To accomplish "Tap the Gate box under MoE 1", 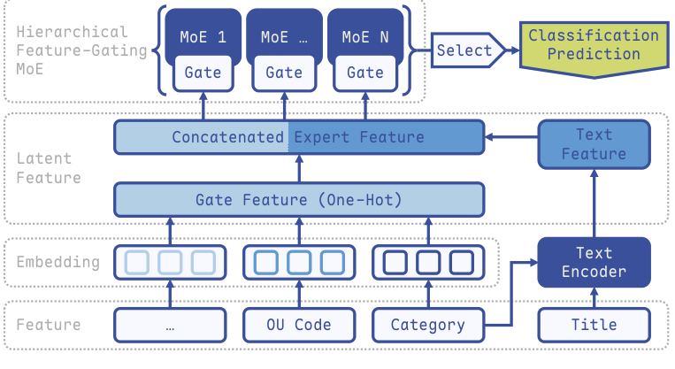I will click(x=203, y=73).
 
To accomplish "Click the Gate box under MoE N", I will click(x=365, y=73).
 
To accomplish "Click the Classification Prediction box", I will click(x=593, y=45).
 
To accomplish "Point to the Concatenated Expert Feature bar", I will click(x=299, y=137).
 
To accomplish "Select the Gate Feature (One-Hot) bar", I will click(x=299, y=200).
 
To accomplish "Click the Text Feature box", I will click(x=594, y=144).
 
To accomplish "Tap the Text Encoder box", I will click(x=594, y=263).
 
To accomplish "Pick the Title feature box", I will click(x=594, y=325).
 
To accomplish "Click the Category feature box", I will click(x=427, y=325).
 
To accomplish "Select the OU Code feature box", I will click(x=299, y=325).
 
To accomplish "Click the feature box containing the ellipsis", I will click(x=170, y=325).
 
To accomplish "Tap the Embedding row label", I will click(x=58, y=263).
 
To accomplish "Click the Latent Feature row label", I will click(x=49, y=168).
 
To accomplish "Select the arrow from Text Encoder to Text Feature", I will click(x=594, y=204).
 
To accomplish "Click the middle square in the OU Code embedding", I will click(x=299, y=263).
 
